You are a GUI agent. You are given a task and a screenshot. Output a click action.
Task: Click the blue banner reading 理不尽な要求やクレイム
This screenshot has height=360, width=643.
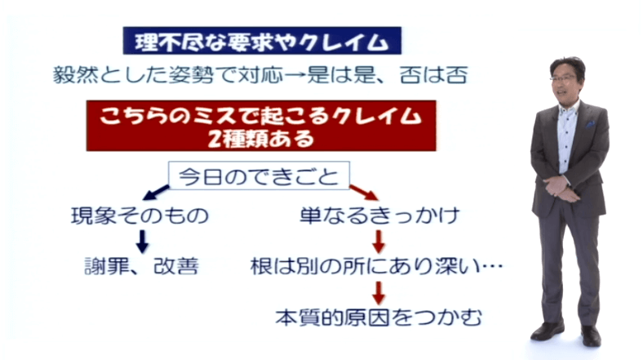coord(262,41)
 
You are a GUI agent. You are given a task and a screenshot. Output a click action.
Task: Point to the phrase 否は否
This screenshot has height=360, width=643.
coord(434,75)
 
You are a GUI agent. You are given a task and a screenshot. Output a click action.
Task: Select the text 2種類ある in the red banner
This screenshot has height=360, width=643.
coord(261,139)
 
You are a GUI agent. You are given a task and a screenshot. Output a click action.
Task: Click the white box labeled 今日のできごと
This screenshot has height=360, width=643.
coord(259,176)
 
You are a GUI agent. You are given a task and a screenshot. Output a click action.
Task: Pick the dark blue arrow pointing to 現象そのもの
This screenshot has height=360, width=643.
coord(156,193)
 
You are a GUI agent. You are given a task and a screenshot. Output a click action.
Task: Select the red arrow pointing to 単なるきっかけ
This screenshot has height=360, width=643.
coord(363,193)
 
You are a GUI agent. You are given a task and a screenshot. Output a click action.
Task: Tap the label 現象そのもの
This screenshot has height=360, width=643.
coord(140,216)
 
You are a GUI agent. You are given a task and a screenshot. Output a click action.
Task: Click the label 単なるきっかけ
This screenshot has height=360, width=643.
coord(379,216)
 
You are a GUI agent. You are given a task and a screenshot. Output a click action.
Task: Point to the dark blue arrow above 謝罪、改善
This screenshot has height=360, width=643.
coord(142,242)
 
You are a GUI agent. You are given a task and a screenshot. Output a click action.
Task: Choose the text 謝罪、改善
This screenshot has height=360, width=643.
coord(141,266)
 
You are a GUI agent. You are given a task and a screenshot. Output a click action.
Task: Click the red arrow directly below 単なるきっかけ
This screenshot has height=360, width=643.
coord(379,242)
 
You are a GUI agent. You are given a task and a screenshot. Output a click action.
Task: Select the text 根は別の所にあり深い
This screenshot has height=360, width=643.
coord(365,266)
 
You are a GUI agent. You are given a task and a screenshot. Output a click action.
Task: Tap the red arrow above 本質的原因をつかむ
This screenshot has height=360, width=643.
coord(379,293)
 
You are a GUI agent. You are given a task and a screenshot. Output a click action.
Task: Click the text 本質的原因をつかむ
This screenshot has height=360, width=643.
coord(379,318)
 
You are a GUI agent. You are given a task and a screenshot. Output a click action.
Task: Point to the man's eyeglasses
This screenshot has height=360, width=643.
coord(563,77)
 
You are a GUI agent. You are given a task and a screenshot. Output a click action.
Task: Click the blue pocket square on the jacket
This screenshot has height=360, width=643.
coord(590,124)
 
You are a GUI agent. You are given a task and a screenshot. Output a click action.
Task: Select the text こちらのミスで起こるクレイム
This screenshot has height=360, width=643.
coord(261,116)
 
